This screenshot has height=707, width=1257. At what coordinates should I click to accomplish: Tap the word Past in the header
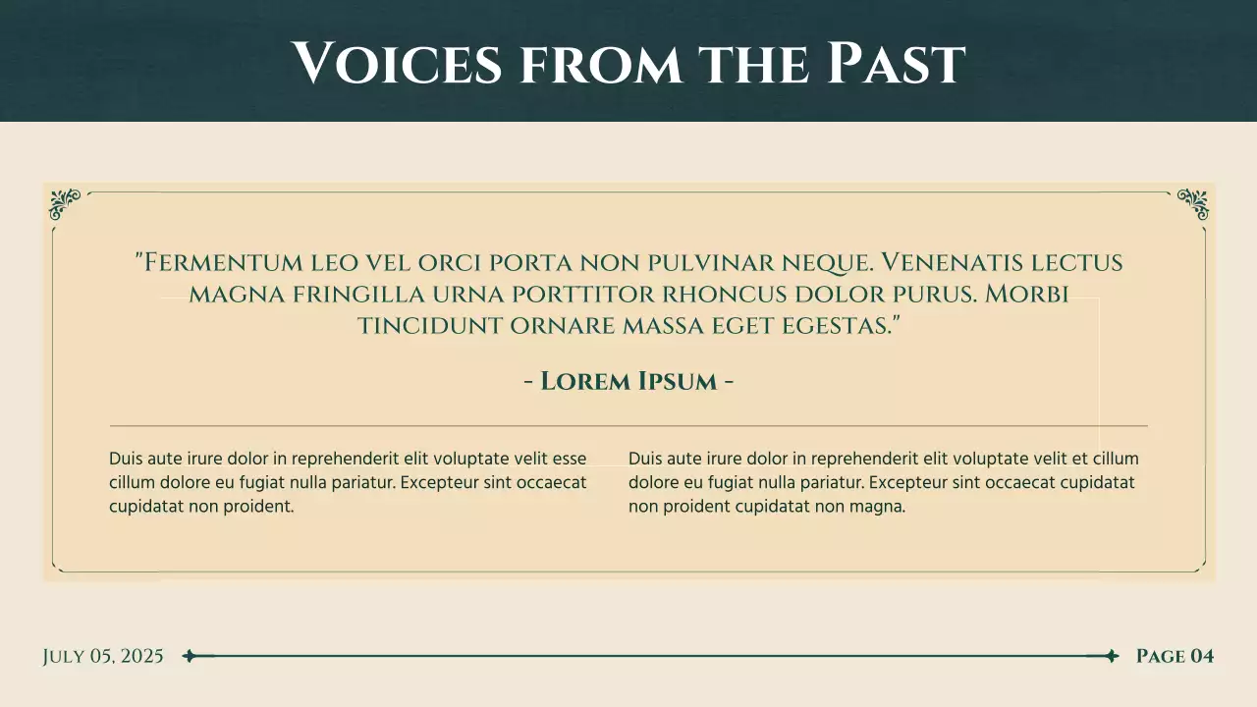coord(896,63)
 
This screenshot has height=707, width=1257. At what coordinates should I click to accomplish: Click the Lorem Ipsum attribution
coord(628,381)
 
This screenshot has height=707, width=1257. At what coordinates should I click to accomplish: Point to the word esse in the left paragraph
coord(570,459)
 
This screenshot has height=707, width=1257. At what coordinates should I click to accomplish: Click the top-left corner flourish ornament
coord(65,203)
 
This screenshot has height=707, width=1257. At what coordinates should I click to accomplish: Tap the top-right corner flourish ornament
coord(1192,203)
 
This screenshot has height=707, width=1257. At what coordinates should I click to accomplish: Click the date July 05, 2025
coord(103,657)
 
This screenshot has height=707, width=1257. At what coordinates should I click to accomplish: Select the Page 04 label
coord(1175,657)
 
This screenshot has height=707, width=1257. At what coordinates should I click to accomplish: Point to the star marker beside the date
coord(190,656)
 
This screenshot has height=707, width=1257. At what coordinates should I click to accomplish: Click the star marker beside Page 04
coord(1111,656)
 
